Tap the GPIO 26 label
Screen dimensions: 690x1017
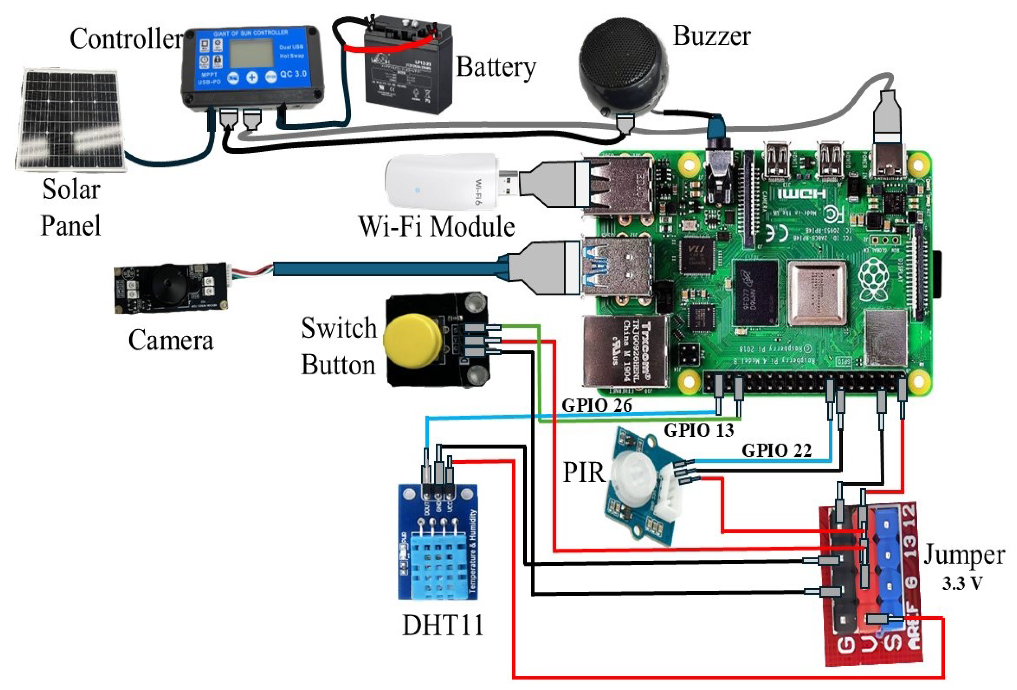tap(597, 405)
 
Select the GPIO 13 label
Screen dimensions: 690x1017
tap(699, 430)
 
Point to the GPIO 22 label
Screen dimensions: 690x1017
tap(776, 450)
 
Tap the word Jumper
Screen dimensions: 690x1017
tap(964, 555)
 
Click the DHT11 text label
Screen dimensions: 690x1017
tap(443, 625)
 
